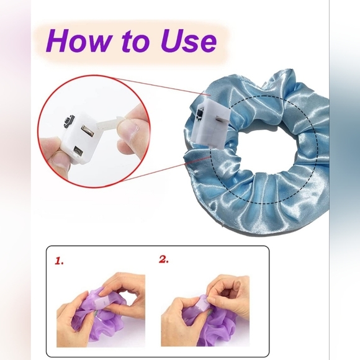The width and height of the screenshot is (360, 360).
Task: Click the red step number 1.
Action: (59, 261)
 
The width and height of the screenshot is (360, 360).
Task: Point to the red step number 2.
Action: (164, 259)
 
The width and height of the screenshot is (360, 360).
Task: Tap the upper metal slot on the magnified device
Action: (88, 131)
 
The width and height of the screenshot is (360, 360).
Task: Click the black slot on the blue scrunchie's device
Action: (201, 114)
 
